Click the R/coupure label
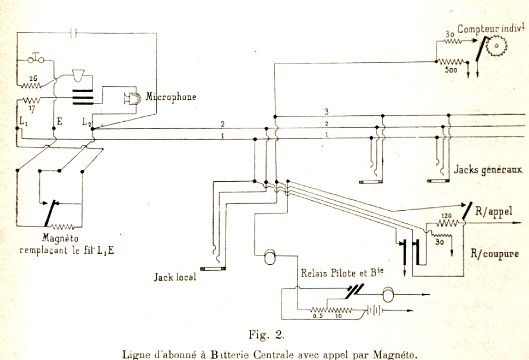pyautogui.click(x=495, y=253)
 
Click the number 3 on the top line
pyautogui.click(x=327, y=111)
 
